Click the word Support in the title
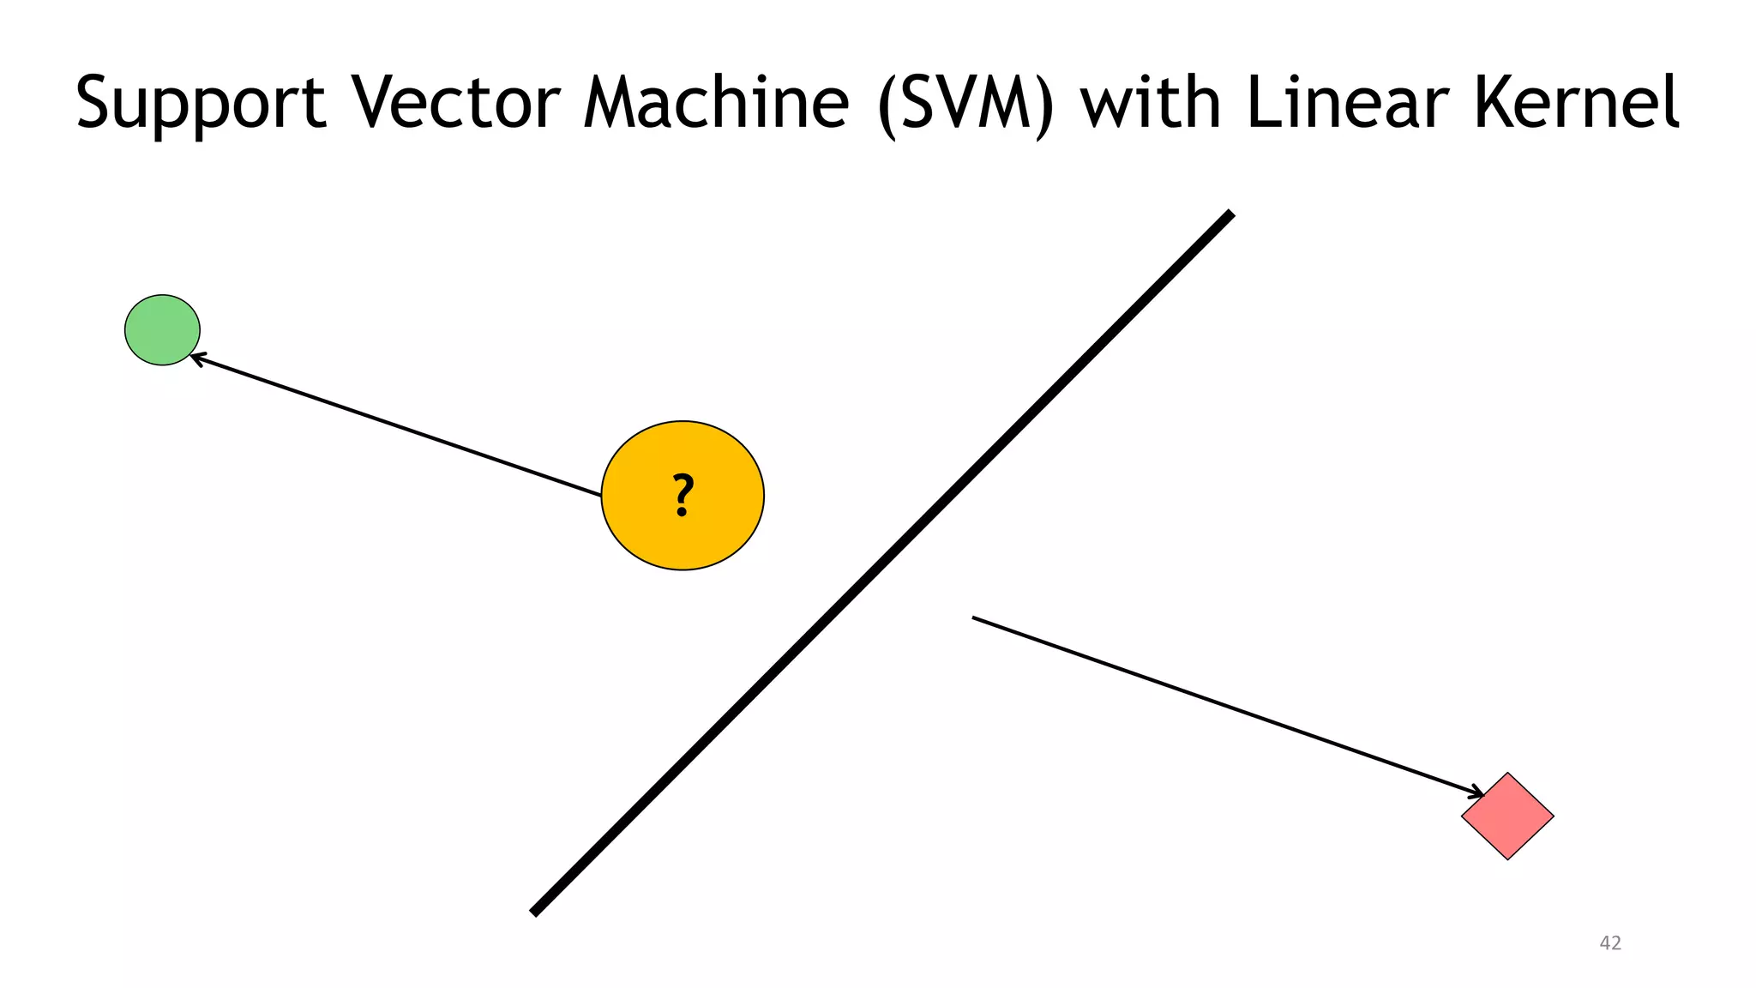point(201,103)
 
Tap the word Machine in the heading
point(717,103)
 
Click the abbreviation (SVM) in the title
point(965,103)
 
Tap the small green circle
point(162,330)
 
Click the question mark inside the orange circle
point(683,496)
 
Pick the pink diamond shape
point(1507,816)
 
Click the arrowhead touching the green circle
point(195,357)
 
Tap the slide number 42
point(1610,943)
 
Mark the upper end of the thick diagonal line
point(1230,214)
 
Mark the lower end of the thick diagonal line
point(535,912)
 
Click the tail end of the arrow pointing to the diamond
point(975,617)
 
